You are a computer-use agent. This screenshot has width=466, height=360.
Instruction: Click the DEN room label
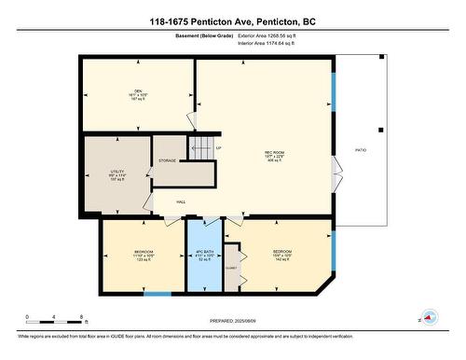pos(137,94)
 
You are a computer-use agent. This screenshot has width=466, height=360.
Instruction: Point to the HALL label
pos(181,201)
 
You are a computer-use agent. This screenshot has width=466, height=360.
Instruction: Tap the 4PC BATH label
pos(203,256)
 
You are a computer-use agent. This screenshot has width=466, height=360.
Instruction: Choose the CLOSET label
pos(231,268)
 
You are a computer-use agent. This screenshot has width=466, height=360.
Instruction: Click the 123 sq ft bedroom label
pos(144,256)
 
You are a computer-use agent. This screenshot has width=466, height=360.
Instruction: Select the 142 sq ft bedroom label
pos(282,256)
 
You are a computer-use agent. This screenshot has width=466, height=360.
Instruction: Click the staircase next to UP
pos(202,147)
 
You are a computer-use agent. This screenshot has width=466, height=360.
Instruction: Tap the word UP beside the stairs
pos(218,148)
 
